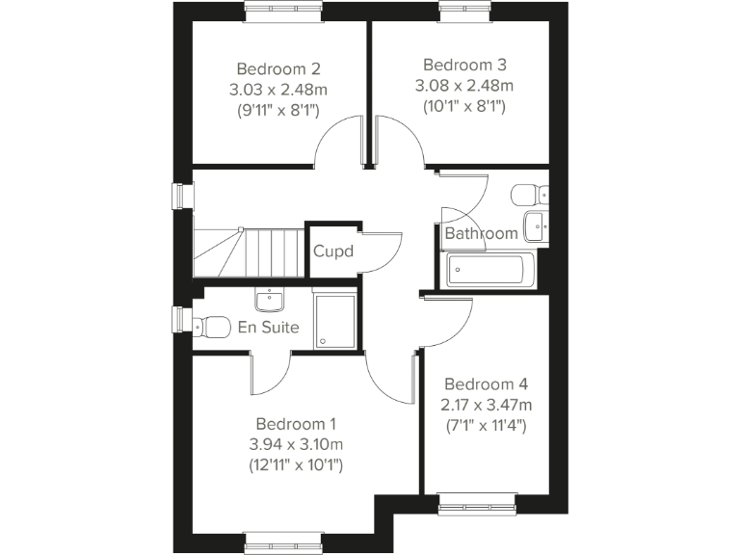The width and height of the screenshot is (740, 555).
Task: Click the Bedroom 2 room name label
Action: (278, 69)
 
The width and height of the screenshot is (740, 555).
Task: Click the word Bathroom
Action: (481, 233)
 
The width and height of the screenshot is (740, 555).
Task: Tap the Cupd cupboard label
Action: (333, 252)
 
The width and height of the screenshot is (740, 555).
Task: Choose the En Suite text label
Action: (269, 328)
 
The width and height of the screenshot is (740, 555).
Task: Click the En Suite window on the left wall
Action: (177, 318)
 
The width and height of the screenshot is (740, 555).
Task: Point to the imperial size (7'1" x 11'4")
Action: (485, 424)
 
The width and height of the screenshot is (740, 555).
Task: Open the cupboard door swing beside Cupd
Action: (383, 252)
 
